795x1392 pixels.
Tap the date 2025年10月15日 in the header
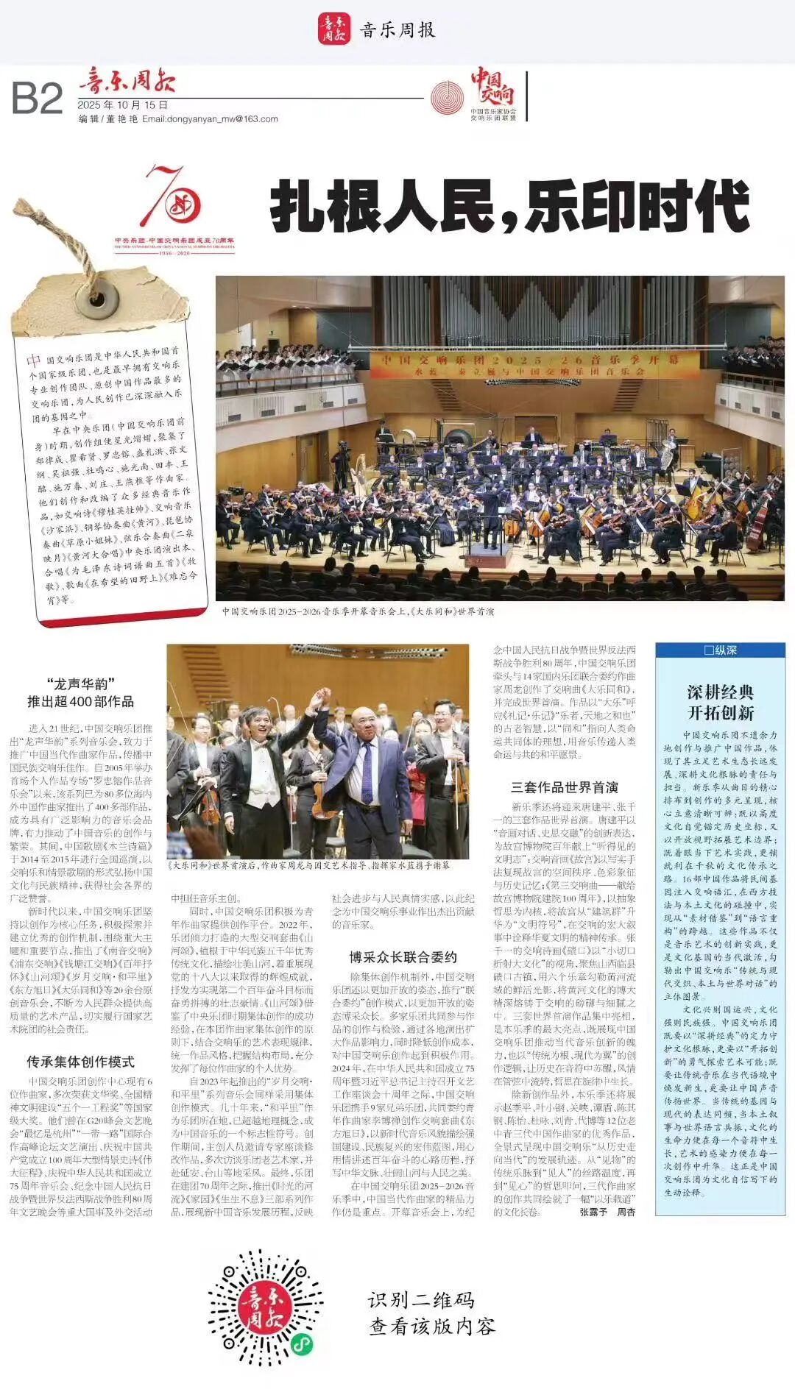coord(123,105)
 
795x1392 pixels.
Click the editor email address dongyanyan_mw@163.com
coord(210,118)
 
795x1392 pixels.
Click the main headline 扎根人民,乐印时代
coord(509,208)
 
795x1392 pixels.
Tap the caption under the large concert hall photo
coord(358,611)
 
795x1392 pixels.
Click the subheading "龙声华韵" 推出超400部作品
coord(81,692)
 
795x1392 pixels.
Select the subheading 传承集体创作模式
coord(81,1062)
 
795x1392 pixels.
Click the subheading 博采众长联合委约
coord(403,957)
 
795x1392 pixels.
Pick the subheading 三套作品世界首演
coord(565,787)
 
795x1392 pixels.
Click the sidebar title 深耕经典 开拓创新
coord(720,702)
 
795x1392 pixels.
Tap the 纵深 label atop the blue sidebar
coord(720,650)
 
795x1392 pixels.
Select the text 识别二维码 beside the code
coord(422,1300)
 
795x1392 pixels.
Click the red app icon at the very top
coord(334,29)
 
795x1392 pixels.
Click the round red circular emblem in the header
coord(447,98)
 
